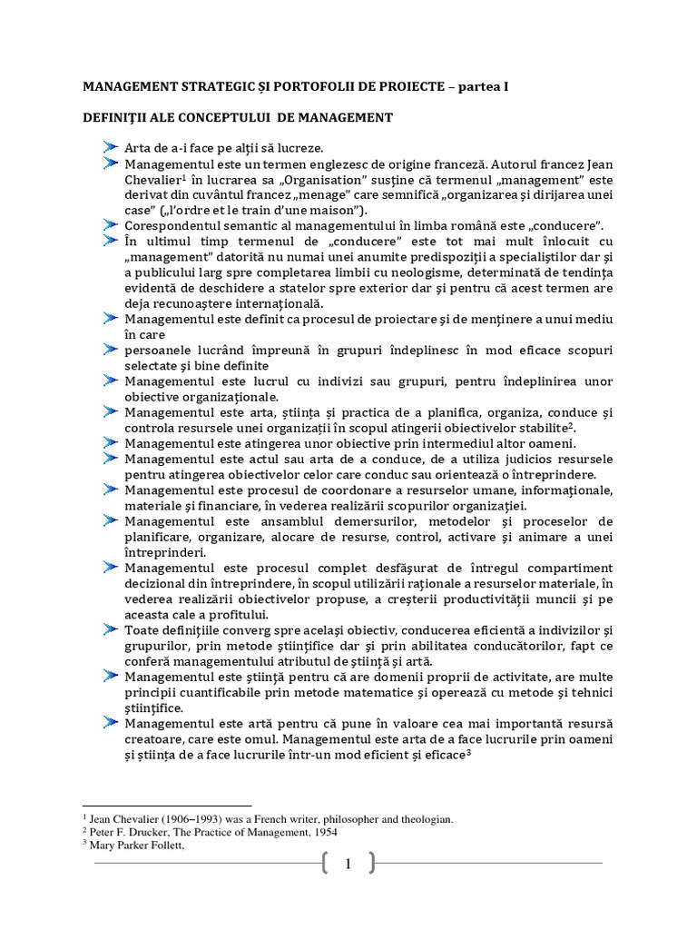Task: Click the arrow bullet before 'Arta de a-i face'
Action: [111, 146]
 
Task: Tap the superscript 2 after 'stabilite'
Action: [571, 424]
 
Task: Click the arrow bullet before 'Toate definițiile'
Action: [111, 629]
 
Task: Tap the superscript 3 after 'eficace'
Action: [469, 753]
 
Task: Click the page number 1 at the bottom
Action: [348, 865]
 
